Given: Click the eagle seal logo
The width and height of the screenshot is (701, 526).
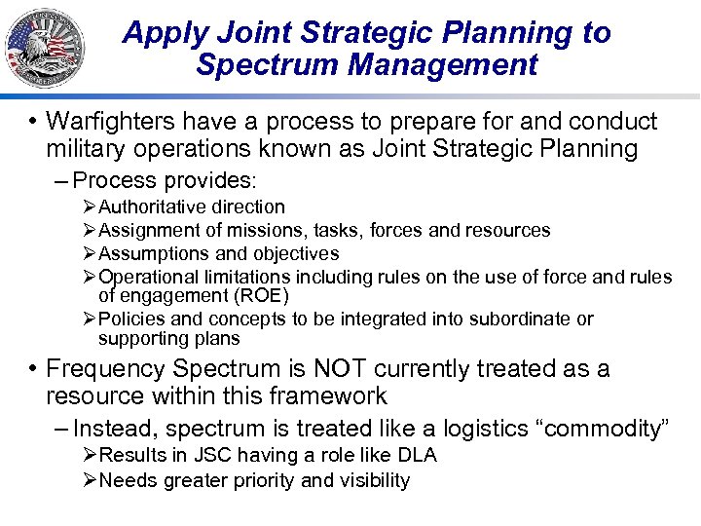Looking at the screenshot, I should point(44,46).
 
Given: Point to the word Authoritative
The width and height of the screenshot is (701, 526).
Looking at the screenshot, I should point(153,207).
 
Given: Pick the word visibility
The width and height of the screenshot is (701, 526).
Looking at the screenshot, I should point(375,480).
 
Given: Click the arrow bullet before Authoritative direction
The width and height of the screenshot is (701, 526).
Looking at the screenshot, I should point(90,207).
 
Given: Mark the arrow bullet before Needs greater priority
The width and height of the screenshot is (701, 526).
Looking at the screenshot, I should point(90,480).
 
